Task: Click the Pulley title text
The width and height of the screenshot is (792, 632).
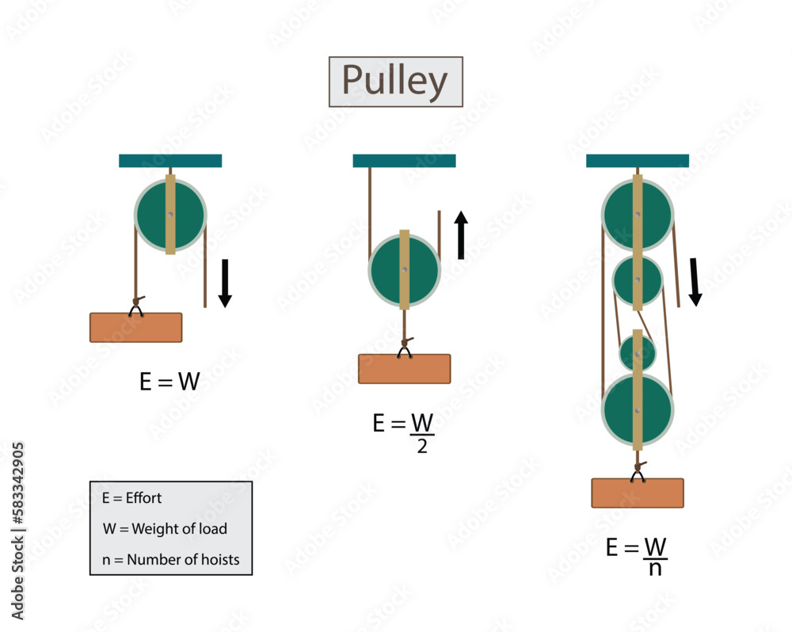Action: pyautogui.click(x=395, y=81)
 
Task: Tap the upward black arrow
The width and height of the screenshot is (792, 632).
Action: pyautogui.click(x=461, y=235)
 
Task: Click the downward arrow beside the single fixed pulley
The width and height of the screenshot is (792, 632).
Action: pyautogui.click(x=225, y=283)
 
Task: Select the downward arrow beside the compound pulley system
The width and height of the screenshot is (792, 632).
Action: pyautogui.click(x=695, y=282)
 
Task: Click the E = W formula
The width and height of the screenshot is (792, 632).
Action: pyautogui.click(x=169, y=381)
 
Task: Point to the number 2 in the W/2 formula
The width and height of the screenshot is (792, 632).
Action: pyautogui.click(x=422, y=446)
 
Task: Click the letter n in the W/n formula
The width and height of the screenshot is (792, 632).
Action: pyautogui.click(x=655, y=569)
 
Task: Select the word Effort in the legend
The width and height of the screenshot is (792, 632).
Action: pyautogui.click(x=143, y=498)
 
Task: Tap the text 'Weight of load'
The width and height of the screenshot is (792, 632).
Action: pyautogui.click(x=179, y=528)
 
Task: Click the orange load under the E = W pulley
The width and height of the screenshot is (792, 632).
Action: pyautogui.click(x=136, y=327)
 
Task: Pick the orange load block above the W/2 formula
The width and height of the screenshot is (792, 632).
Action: pyautogui.click(x=404, y=369)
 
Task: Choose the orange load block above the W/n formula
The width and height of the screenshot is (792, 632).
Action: pyautogui.click(x=638, y=493)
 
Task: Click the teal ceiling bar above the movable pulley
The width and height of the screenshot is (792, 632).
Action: pyautogui.click(x=404, y=161)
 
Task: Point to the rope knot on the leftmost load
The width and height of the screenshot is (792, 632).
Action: pyautogui.click(x=136, y=302)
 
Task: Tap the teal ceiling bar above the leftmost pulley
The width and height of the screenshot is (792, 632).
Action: pyautogui.click(x=170, y=161)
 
